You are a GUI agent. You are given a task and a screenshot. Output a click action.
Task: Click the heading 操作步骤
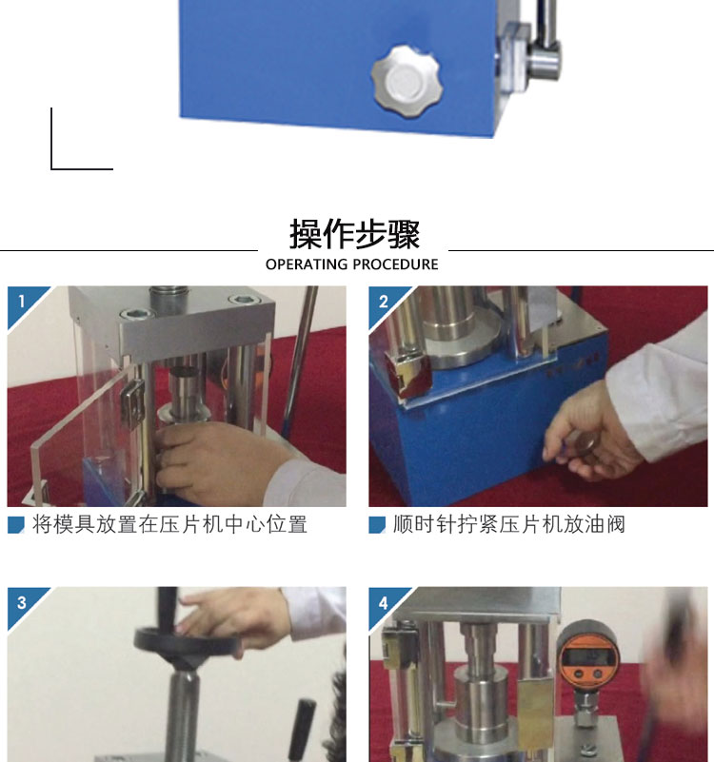coord(354,234)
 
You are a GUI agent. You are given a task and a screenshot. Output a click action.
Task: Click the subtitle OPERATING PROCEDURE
coord(351,264)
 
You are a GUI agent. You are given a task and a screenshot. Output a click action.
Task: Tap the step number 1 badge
coord(21,302)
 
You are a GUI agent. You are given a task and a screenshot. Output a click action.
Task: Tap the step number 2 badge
coord(384,302)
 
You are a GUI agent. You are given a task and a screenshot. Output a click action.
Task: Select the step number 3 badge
coord(21,602)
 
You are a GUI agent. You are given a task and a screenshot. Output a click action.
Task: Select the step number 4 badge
coord(384,602)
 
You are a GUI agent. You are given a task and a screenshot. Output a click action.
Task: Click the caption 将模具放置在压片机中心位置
coord(169,525)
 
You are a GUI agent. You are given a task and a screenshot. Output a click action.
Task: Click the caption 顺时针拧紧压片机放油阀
coord(508,525)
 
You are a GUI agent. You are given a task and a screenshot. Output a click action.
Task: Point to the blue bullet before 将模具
coord(16,525)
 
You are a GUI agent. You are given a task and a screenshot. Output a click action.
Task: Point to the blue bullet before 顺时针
coord(377,525)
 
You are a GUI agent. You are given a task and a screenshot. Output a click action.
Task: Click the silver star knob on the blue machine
coord(407,82)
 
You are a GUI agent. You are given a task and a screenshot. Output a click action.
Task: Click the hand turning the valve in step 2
coord(591,433)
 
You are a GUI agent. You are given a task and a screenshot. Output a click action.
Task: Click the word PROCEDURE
coord(395,264)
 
